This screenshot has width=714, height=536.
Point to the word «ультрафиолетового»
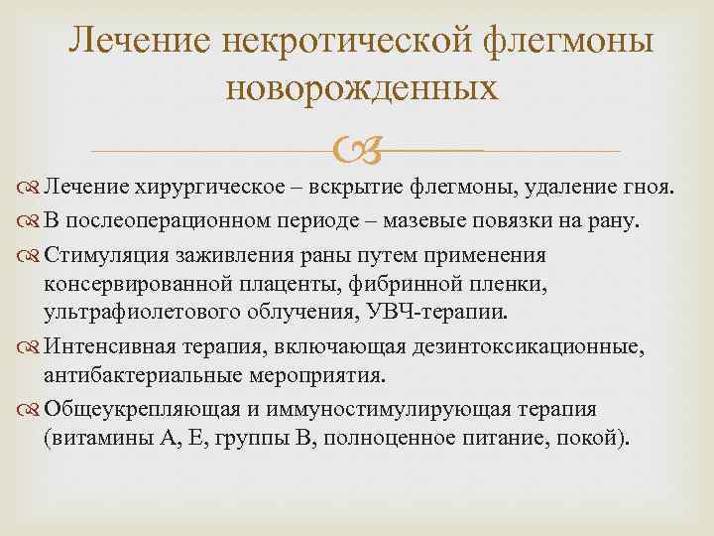[137, 313]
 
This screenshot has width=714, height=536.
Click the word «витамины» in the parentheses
[100, 438]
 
